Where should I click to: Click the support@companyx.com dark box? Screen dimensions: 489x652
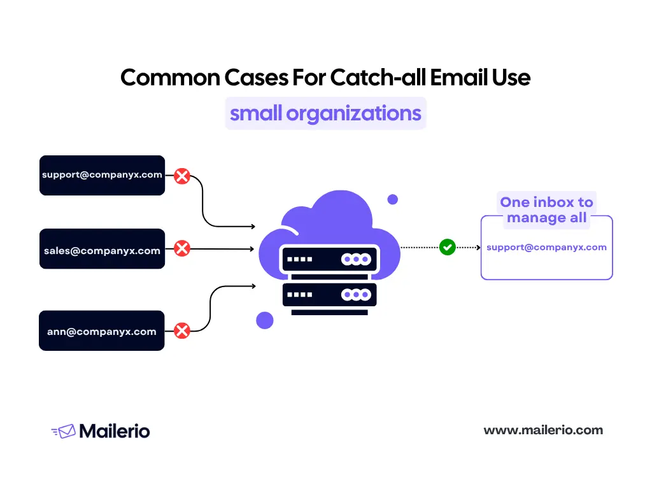pos(102,175)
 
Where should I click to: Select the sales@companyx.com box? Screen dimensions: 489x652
pos(102,249)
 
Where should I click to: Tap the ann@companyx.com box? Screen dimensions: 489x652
pos(102,330)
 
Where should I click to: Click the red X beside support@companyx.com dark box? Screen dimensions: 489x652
pos(182,176)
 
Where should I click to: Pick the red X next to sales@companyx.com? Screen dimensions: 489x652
pos(182,248)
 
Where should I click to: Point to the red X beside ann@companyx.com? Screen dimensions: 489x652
pos(182,330)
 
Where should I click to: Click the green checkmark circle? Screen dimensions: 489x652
pos(448,247)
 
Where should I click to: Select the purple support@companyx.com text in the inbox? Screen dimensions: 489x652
pos(546,247)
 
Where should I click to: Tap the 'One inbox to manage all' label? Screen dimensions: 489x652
pos(546,210)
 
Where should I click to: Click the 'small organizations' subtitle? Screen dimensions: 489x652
pos(325,113)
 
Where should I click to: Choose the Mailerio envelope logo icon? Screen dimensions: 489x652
pos(63,431)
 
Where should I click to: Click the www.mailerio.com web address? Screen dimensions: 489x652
pos(543,430)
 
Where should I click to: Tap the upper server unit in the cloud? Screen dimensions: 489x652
pos(329,260)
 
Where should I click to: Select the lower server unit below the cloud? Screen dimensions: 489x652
pos(329,295)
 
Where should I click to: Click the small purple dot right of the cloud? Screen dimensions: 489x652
pos(393,199)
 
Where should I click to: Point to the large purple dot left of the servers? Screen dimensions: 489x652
pos(265,320)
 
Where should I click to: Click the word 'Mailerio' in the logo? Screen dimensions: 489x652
pos(115,431)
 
